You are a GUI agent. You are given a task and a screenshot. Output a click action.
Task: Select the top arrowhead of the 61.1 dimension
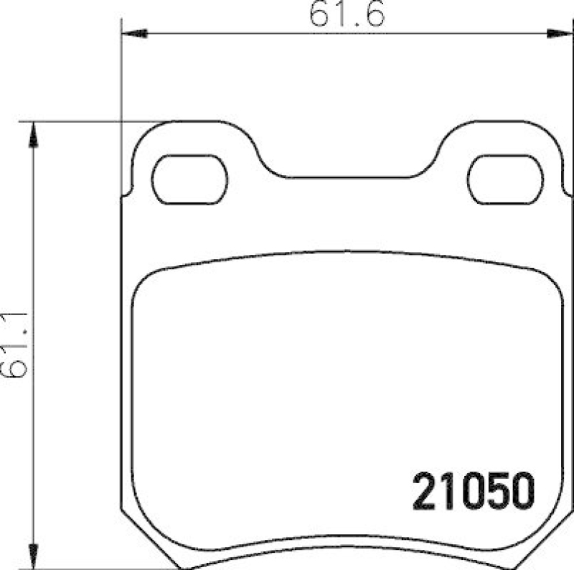[32, 134]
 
